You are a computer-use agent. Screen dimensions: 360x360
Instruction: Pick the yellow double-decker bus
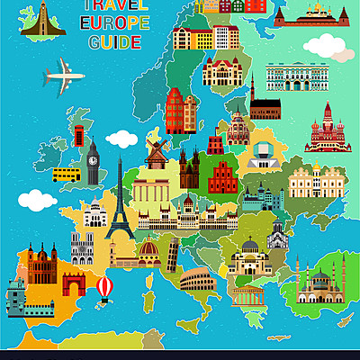click(65, 174)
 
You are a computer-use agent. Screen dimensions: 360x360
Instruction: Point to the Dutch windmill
click(156, 150)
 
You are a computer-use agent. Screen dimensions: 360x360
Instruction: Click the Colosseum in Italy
click(197, 280)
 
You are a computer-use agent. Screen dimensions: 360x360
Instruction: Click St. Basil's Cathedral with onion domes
click(327, 128)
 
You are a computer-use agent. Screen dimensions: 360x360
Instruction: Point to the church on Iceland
click(34, 20)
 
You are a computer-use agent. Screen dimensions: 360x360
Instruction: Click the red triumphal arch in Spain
click(74, 285)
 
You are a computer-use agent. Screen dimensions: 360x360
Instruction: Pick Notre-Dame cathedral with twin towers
click(82, 245)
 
